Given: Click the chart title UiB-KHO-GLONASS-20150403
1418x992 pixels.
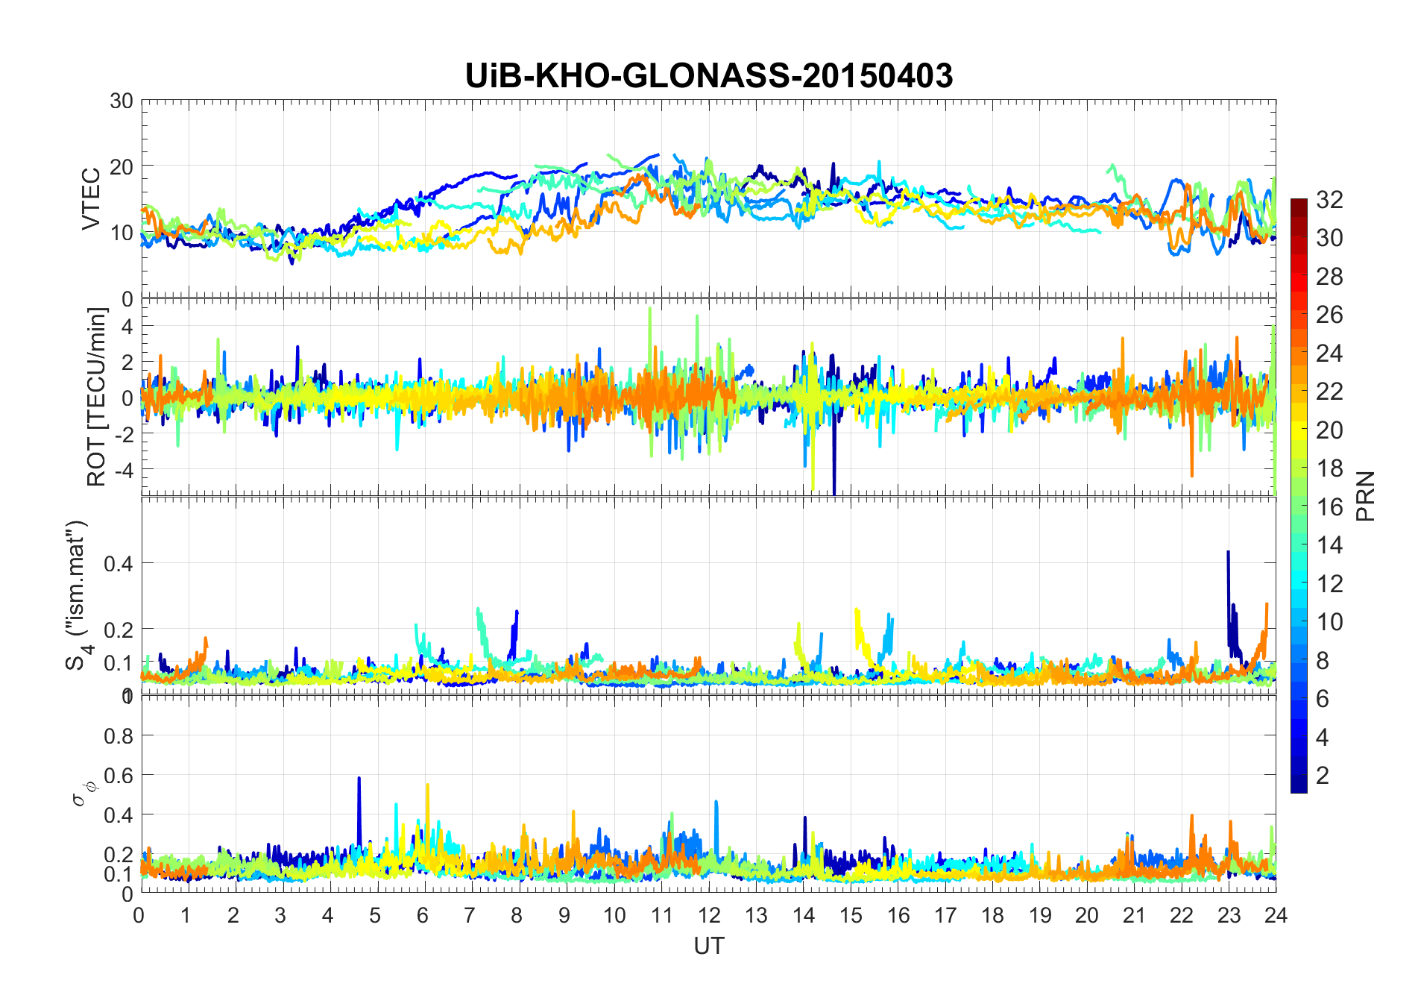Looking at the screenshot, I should tap(708, 76).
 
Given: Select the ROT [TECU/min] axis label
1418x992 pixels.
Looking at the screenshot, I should tap(97, 397).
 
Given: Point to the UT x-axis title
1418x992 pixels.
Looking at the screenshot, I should tap(708, 946).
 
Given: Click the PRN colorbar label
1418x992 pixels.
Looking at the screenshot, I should tap(1366, 496).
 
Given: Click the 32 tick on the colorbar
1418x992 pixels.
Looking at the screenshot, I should tap(1329, 200).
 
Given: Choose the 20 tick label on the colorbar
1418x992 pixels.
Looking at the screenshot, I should tap(1329, 430).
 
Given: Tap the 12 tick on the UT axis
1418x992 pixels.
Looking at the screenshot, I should tap(709, 915).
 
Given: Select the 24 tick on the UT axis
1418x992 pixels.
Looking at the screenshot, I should tap(1276, 915).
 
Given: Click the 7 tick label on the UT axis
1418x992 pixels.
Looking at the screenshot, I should tap(470, 915).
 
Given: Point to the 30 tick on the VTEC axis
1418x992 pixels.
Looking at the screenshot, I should tap(121, 101).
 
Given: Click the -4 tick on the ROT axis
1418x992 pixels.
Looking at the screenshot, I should tap(123, 470).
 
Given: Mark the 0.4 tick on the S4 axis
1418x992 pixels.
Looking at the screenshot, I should tap(119, 563).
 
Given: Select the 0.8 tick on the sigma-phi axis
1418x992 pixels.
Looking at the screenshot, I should tap(119, 736).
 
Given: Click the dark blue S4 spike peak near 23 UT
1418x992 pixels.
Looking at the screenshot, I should tap(1228, 552).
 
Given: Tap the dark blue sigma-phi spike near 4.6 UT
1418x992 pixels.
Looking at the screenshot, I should tap(359, 779).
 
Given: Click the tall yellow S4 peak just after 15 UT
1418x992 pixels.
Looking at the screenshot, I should tap(856, 610).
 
